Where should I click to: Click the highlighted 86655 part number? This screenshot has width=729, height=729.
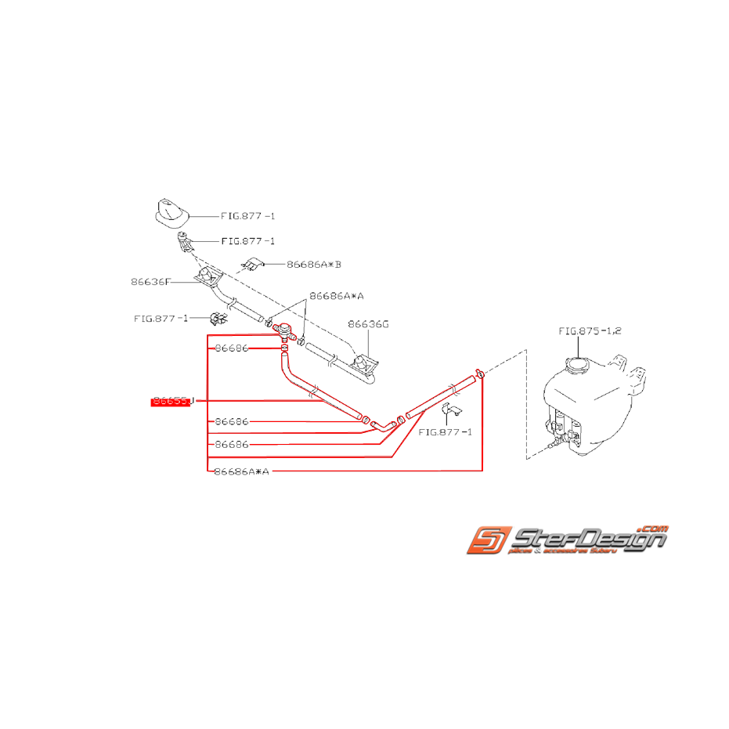[171, 402]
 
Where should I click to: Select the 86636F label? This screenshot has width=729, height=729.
[150, 282]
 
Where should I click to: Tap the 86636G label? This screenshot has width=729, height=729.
[368, 323]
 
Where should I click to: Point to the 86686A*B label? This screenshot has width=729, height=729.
[314, 265]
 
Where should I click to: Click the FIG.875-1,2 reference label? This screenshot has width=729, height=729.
[590, 330]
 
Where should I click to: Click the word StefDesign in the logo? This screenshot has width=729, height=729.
[587, 540]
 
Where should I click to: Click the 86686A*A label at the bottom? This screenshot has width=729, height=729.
[241, 471]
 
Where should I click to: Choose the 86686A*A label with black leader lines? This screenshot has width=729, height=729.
[337, 296]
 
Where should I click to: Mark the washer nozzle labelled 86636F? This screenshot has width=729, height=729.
[209, 277]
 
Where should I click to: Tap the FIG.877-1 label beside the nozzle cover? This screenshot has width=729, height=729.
[248, 215]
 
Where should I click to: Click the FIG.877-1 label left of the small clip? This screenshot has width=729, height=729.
[161, 318]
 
